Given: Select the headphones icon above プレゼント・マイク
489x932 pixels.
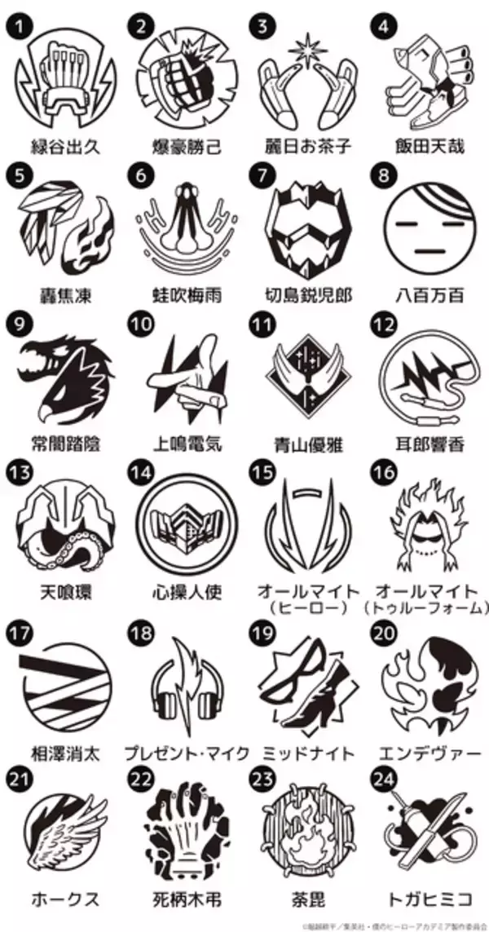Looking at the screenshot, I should [186, 678].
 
